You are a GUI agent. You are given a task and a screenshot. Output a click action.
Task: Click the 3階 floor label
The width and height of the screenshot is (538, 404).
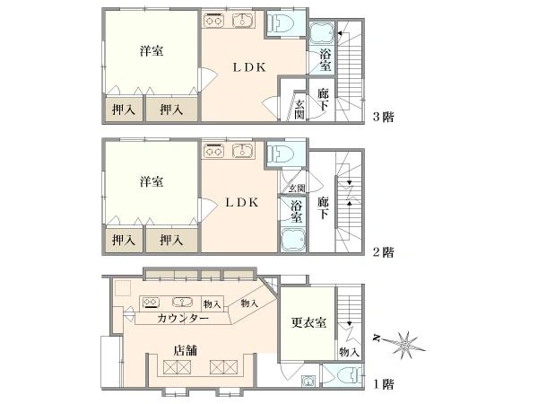point(383,117)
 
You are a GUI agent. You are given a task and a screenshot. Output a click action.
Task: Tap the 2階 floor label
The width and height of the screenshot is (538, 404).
point(383,252)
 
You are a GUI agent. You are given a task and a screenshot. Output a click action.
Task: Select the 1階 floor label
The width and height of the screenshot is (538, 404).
point(383,384)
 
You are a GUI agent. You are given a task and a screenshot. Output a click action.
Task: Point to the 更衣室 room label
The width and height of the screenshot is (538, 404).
point(308,323)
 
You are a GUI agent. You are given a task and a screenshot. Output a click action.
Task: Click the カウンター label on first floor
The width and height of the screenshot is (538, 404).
point(183,319)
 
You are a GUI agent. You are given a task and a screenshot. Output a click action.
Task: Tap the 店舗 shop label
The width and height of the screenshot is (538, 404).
point(186,350)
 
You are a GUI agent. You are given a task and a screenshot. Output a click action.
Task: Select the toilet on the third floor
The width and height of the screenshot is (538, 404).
point(282,23)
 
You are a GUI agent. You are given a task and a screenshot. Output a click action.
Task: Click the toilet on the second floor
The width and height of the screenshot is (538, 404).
point(282,153)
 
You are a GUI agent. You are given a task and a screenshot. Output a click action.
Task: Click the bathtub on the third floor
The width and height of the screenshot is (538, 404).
point(322,33)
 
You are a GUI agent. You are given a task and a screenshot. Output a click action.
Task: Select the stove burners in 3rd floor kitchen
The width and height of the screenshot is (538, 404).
point(213,20)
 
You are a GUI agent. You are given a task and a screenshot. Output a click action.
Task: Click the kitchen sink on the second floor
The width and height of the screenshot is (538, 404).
point(243,151)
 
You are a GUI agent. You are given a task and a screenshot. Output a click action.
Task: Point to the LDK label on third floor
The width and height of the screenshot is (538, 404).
point(249,67)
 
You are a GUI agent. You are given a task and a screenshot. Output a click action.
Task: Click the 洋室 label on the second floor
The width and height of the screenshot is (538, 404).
point(152,181)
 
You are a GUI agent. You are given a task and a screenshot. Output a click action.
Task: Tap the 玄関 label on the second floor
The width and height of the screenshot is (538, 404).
point(297,188)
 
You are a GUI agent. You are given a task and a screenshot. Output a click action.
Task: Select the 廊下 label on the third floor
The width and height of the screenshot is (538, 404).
point(323,100)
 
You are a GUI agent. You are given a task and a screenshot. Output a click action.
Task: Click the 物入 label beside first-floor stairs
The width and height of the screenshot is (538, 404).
point(350,352)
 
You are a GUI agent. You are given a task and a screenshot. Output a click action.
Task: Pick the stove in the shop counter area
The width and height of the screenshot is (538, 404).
point(152,303)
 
